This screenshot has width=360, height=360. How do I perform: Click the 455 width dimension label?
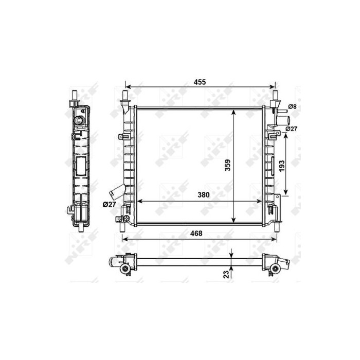click(x=200, y=82)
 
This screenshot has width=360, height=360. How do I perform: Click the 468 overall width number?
click(x=196, y=233)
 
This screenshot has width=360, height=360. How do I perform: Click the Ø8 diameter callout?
click(x=292, y=106)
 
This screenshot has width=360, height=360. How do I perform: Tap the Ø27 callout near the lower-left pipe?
click(x=109, y=204)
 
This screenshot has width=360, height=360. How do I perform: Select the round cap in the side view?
click(x=80, y=121)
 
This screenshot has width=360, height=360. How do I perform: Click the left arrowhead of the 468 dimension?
click(x=124, y=239)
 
